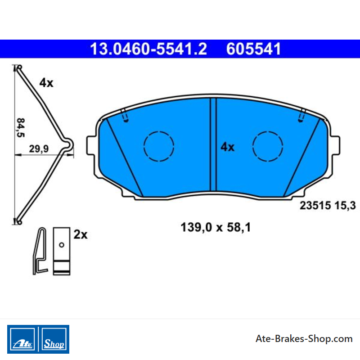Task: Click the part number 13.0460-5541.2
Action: pyautogui.click(x=148, y=49)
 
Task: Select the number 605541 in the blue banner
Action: pyautogui.click(x=253, y=49)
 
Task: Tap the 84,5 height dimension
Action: pyautogui.click(x=21, y=127)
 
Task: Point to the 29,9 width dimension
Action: pyautogui.click(x=39, y=149)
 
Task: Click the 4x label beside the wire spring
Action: pyautogui.click(x=46, y=83)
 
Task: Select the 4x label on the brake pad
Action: pyautogui.click(x=228, y=147)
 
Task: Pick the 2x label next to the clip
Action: pyautogui.click(x=81, y=234)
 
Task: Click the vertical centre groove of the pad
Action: pyautogui.click(x=213, y=144)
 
